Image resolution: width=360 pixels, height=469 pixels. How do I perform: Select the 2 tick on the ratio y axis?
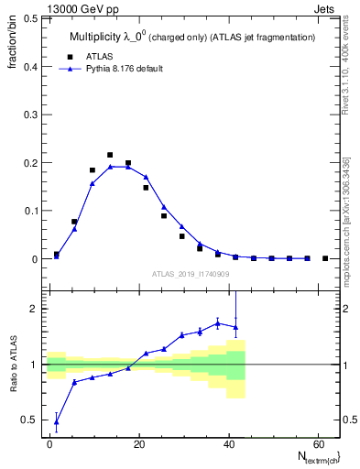33,309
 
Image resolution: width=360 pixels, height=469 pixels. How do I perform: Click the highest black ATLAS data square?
110,155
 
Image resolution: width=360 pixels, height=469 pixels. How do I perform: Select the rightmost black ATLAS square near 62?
325,258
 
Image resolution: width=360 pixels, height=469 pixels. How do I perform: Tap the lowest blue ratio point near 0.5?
57,421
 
